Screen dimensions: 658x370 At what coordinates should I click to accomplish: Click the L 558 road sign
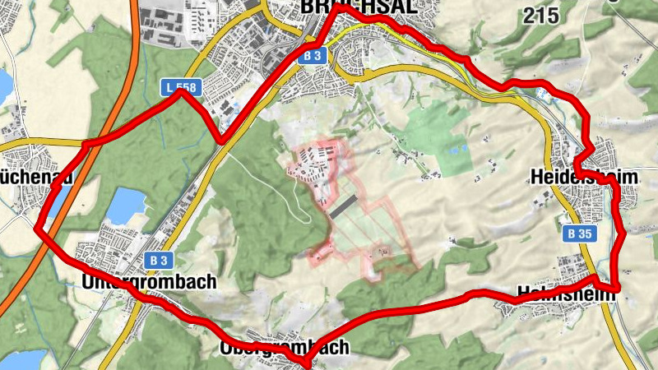click(x=180, y=86)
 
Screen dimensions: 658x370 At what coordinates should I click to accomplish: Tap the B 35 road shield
click(x=579, y=234)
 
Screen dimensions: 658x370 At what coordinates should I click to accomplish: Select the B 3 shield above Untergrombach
click(x=160, y=260)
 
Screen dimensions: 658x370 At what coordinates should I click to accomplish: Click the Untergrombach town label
click(x=149, y=281)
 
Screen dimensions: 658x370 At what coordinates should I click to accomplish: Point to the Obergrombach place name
click(x=285, y=347)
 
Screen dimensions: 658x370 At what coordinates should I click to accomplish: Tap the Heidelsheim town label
click(x=584, y=177)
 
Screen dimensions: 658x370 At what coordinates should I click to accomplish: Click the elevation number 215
click(x=540, y=14)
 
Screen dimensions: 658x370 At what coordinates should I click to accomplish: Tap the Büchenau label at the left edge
click(x=36, y=177)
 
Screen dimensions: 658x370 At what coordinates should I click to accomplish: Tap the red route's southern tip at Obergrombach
click(x=306, y=363)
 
